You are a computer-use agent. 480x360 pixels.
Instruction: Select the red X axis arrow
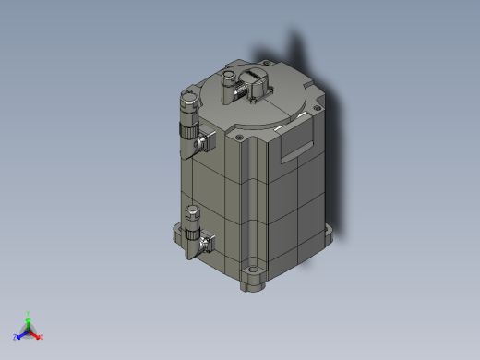point(36,335)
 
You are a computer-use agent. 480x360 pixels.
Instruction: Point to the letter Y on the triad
point(29,312)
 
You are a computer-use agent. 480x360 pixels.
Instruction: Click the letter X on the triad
point(42,337)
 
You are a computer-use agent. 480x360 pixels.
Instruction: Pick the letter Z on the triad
point(16,338)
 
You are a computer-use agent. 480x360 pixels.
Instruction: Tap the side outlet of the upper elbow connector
point(205,141)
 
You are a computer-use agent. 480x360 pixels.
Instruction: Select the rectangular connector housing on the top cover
point(256,84)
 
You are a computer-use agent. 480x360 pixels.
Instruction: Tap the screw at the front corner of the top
point(239,138)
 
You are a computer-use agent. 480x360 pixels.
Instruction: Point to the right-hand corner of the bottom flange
point(332,232)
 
